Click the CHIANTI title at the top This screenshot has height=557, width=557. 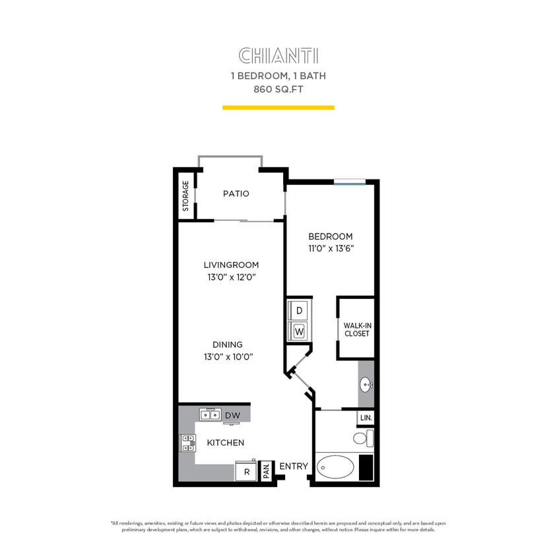coord(278,55)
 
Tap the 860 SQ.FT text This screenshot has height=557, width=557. coord(278,89)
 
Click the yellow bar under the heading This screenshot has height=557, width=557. coord(278,107)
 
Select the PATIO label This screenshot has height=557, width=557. coord(236,193)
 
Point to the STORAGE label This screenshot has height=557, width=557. coord(186,196)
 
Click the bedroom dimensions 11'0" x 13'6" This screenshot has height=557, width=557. coord(330,249)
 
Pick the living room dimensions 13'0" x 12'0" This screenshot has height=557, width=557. coord(230,277)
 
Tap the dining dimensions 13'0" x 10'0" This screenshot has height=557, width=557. coord(228,356)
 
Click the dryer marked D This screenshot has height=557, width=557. coord(299,310)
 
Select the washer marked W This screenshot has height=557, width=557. coord(299,329)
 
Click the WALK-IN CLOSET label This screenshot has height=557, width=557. coord(356,329)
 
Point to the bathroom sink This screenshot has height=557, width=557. coord(366,384)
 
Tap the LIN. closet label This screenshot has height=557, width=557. coord(366,418)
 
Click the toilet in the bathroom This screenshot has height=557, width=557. coord(362,438)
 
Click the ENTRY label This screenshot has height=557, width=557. coord(294,466)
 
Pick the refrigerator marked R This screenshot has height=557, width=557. coord(246,472)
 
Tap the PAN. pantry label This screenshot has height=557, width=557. coord(267,471)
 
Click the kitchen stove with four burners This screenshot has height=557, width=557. coord(187,443)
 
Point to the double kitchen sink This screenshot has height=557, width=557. coord(211,415)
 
